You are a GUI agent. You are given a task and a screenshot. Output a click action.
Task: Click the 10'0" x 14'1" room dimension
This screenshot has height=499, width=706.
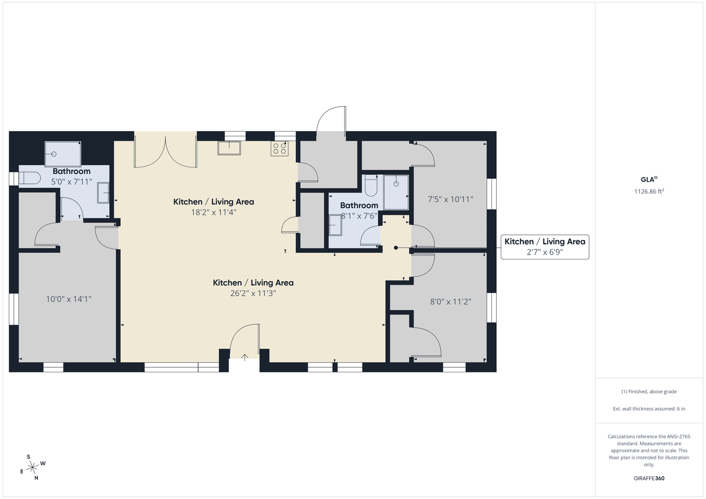pyautogui.click(x=69, y=299)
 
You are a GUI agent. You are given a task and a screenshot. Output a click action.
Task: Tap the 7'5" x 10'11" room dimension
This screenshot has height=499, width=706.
pyautogui.click(x=450, y=200)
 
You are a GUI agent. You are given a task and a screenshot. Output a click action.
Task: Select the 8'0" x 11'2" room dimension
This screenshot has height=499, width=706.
pyautogui.click(x=450, y=302)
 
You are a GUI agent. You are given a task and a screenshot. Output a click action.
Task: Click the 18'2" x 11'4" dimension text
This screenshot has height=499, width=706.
pyautogui.click(x=214, y=213)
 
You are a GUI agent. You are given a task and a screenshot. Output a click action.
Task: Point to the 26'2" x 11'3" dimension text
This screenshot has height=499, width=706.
pyautogui.click(x=253, y=293)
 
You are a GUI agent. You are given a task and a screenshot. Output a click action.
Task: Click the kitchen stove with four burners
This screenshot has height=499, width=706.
pyautogui.click(x=280, y=148)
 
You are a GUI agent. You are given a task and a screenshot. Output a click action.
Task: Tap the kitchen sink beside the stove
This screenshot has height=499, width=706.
pyautogui.click(x=229, y=148)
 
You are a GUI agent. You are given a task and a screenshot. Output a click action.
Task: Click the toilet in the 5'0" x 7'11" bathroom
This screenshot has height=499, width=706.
pyautogui.click(x=30, y=178)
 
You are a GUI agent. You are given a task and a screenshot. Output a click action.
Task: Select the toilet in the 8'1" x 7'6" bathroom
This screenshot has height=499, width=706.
pyautogui.click(x=371, y=186)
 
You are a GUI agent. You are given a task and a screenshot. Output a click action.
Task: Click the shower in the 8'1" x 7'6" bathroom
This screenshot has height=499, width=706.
pyautogui.click(x=396, y=192)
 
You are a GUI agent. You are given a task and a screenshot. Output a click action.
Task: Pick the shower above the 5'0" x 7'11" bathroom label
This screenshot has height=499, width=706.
pyautogui.click(x=63, y=154)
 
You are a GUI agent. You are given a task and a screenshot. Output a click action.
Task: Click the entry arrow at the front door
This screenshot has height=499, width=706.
pyautogui.click(x=245, y=357)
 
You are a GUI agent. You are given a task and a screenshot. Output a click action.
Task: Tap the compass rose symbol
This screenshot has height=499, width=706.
pyautogui.click(x=32, y=468)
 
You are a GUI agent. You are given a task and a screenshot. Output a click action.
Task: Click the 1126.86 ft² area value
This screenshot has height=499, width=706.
pyautogui.click(x=649, y=191)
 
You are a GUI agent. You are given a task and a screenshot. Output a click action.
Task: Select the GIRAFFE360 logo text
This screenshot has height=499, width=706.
pyautogui.click(x=649, y=478)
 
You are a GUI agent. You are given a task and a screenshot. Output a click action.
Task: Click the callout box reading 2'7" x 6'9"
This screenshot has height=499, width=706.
pyautogui.click(x=545, y=247)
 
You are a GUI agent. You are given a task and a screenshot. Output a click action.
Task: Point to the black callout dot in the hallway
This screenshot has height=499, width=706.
pyautogui.click(x=396, y=248)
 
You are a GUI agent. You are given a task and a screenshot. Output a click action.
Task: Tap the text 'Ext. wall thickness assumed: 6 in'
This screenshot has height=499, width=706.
pyautogui.click(x=649, y=408)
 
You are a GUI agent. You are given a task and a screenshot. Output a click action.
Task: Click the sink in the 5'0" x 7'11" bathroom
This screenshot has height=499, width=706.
pyautogui.click(x=103, y=193)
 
